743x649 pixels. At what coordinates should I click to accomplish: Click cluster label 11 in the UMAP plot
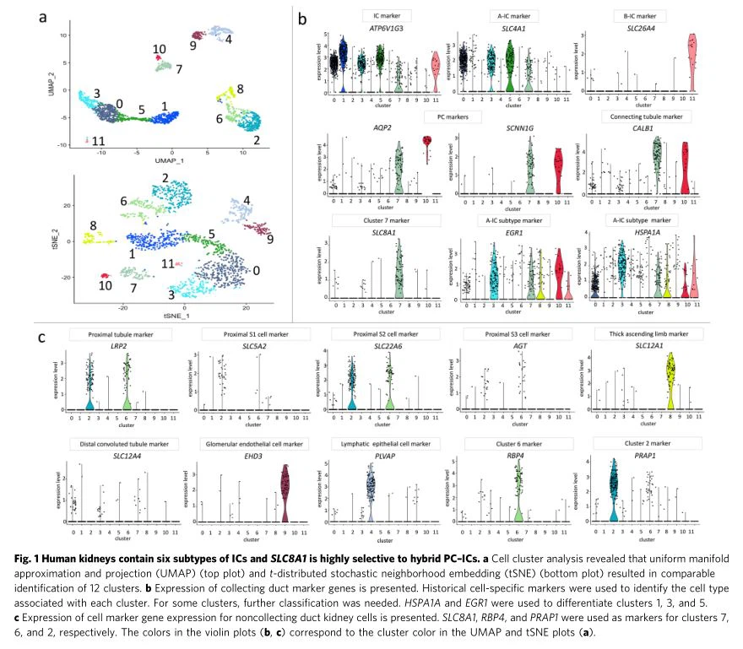[99, 140]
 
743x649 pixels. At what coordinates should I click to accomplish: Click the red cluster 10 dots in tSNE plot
[104, 275]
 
